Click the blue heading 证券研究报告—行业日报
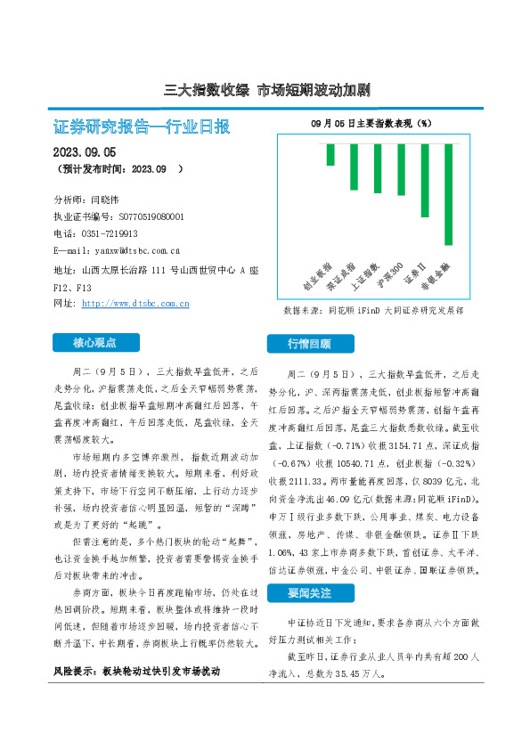pyautogui.click(x=142, y=126)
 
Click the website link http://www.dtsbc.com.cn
pyautogui.click(x=135, y=304)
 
